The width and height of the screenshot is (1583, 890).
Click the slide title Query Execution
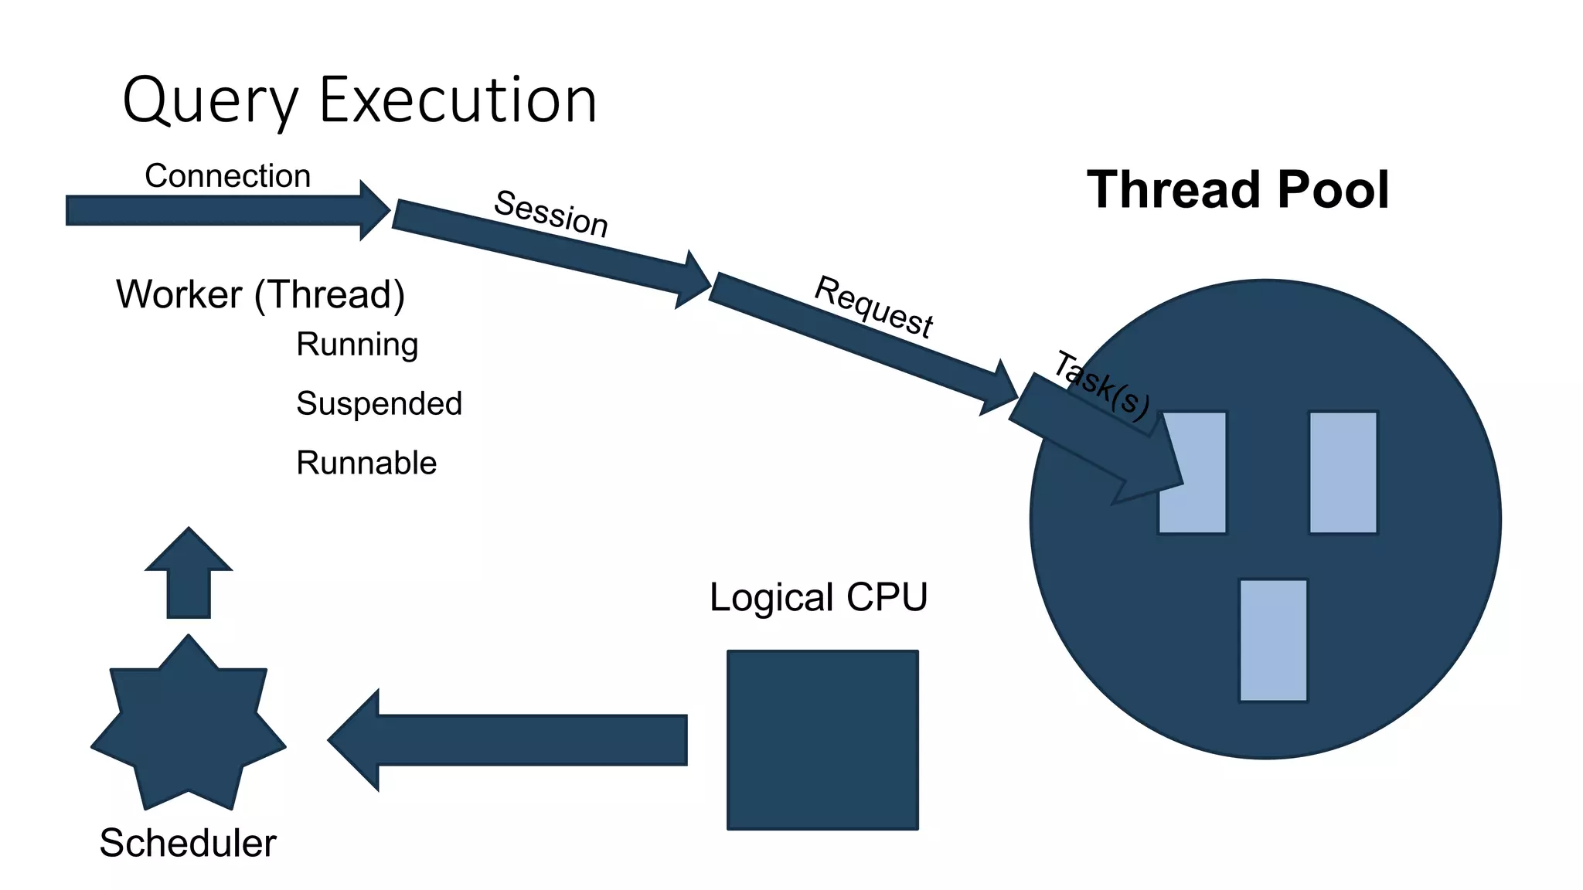(359, 100)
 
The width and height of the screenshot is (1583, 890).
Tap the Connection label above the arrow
(227, 176)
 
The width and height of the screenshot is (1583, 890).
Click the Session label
(551, 213)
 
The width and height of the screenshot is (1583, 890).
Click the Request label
(874, 307)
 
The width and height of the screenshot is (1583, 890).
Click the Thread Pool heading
(1237, 190)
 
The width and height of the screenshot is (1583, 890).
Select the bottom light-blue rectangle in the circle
(1273, 640)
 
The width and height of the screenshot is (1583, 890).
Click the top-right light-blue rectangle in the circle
(1343, 473)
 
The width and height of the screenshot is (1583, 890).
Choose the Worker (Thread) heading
(260, 294)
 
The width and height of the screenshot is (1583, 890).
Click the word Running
(357, 345)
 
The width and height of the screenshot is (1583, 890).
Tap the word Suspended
(379, 403)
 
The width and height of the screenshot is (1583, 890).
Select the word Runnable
(366, 463)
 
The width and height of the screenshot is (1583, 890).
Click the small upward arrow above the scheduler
(189, 576)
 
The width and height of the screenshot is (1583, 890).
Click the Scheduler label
(188, 843)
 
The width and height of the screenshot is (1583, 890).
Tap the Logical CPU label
(819, 597)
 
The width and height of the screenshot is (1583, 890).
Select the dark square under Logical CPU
(822, 740)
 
